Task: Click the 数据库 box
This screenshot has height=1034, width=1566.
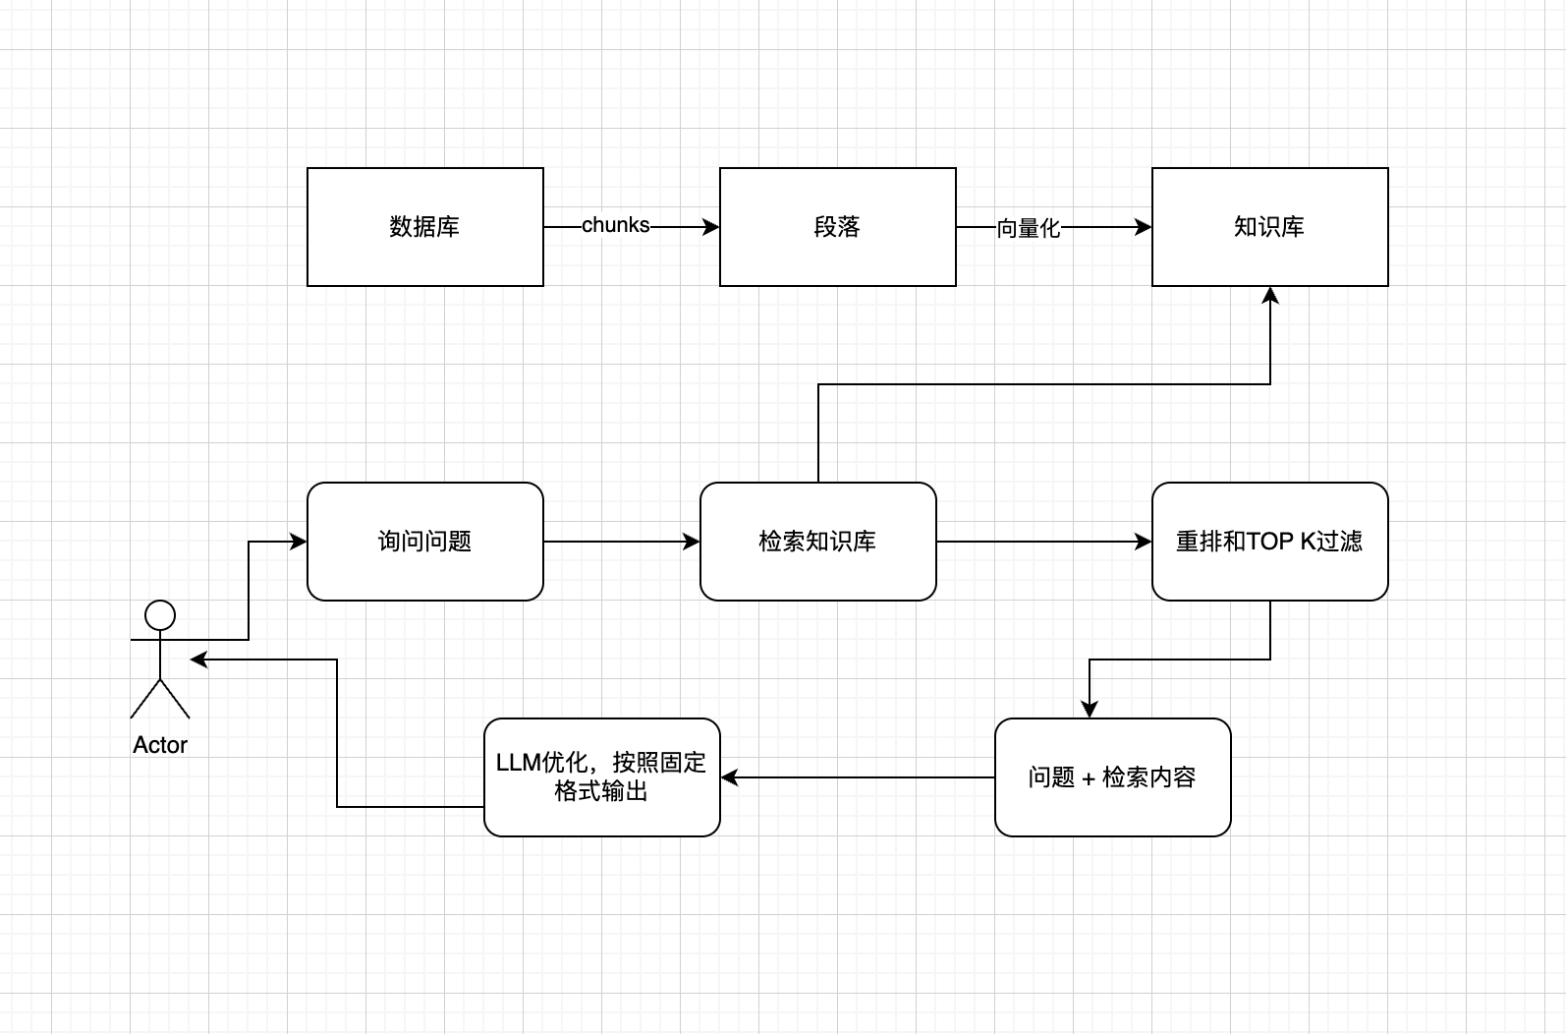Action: pos(424,227)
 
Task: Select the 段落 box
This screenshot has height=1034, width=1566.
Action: pos(837,227)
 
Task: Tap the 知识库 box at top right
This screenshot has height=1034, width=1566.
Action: pos(1269,227)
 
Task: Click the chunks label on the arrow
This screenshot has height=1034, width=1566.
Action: pos(615,225)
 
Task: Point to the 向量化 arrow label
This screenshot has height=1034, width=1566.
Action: pos(1028,228)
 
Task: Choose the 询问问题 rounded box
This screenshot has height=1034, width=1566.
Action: pos(424,542)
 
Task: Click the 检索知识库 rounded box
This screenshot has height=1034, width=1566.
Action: pos(817,542)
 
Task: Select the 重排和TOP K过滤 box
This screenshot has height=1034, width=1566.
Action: pos(1269,542)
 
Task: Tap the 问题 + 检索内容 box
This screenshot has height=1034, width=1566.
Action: pos(1112,777)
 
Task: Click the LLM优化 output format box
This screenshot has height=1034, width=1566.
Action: pos(601,777)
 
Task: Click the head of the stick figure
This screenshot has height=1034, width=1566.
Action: pos(160,615)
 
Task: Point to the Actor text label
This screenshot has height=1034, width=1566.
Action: pos(160,745)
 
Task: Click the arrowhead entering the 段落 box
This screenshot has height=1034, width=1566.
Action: pos(711,227)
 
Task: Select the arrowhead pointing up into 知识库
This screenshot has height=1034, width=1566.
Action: pos(1270,295)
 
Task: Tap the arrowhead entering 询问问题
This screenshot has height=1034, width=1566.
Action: pos(299,542)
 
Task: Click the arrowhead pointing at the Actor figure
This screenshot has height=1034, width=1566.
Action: pos(198,660)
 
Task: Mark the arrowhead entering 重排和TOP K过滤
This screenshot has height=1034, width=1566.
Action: pos(1144,542)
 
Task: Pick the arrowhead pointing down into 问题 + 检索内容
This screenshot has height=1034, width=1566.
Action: pos(1089,710)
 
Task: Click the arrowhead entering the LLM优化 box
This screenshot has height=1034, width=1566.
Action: pos(729,777)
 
